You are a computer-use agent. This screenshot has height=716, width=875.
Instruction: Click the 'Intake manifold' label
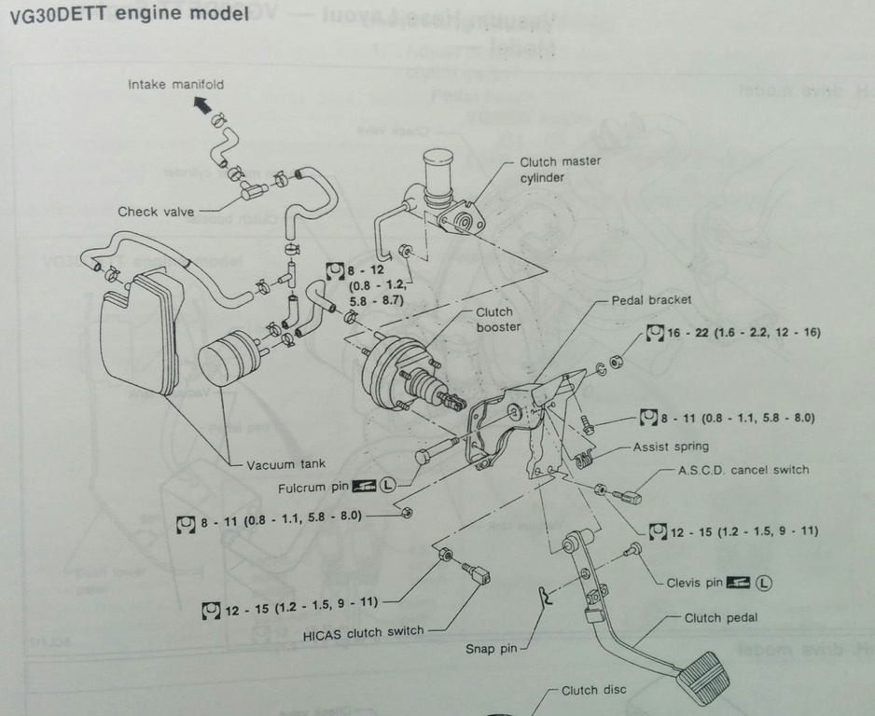pos(175,85)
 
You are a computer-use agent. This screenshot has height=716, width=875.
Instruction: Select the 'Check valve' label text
pos(156,212)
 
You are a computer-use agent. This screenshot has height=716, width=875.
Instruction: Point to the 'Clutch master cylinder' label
pos(560,169)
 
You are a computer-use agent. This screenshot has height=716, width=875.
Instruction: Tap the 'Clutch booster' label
pos(498,320)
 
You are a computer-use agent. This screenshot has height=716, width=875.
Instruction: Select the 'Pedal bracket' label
pos(651,300)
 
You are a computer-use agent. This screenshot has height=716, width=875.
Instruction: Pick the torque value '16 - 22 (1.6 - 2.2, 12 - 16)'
pos(743,332)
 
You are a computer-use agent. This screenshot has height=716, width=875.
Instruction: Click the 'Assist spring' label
pos(671,447)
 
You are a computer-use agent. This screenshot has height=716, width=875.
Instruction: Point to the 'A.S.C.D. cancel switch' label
pos(743,469)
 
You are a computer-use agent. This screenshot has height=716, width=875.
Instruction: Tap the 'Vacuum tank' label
pos(285,464)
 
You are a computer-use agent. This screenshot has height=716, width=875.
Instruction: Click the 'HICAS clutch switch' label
pos(363,631)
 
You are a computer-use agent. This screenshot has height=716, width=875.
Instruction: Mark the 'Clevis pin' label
pos(694,583)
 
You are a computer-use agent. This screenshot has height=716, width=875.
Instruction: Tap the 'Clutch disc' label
pos(593,691)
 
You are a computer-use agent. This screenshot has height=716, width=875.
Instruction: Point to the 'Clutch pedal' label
pos(721,617)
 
